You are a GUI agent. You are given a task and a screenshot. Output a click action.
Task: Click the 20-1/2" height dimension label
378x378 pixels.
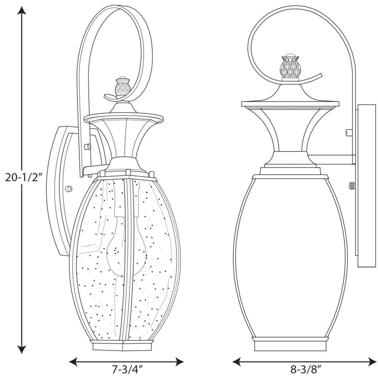tap(22, 177)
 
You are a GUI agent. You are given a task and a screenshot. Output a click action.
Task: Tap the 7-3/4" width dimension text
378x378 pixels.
tap(126, 368)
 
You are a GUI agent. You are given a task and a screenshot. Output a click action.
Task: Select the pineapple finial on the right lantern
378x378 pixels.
tap(290, 68)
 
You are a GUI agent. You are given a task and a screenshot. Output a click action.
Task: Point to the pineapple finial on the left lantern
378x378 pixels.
tap(122, 87)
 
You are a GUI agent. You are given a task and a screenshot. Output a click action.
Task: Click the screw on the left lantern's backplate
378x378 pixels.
tap(68, 189)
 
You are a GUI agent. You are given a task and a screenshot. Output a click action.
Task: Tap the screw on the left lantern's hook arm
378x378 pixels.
tap(88, 146)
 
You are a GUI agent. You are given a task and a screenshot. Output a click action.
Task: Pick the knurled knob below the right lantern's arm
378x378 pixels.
tap(352, 185)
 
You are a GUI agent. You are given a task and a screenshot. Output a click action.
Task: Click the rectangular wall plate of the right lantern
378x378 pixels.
tap(366, 185)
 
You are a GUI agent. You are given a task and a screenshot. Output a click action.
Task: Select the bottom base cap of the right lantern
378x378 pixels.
tap(290, 344)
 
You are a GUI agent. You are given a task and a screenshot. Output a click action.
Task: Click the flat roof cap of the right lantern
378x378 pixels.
tap(290, 103)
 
